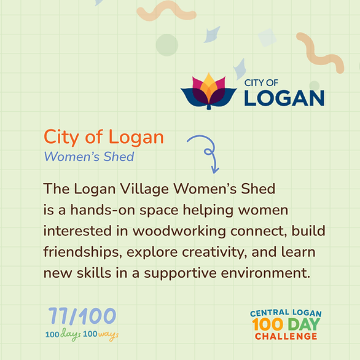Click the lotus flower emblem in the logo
(x=208, y=92)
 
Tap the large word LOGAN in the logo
(x=284, y=98)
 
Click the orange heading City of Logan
(x=104, y=137)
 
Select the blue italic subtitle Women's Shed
(x=89, y=157)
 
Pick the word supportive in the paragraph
(x=180, y=273)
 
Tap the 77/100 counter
(x=82, y=316)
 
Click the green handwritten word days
(x=71, y=335)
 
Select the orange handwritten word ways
(x=108, y=335)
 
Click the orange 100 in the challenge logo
(x=268, y=324)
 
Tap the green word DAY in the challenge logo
(x=304, y=324)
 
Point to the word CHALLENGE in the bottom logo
(x=286, y=337)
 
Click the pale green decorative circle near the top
(x=167, y=45)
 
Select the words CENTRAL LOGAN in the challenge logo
(x=286, y=313)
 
